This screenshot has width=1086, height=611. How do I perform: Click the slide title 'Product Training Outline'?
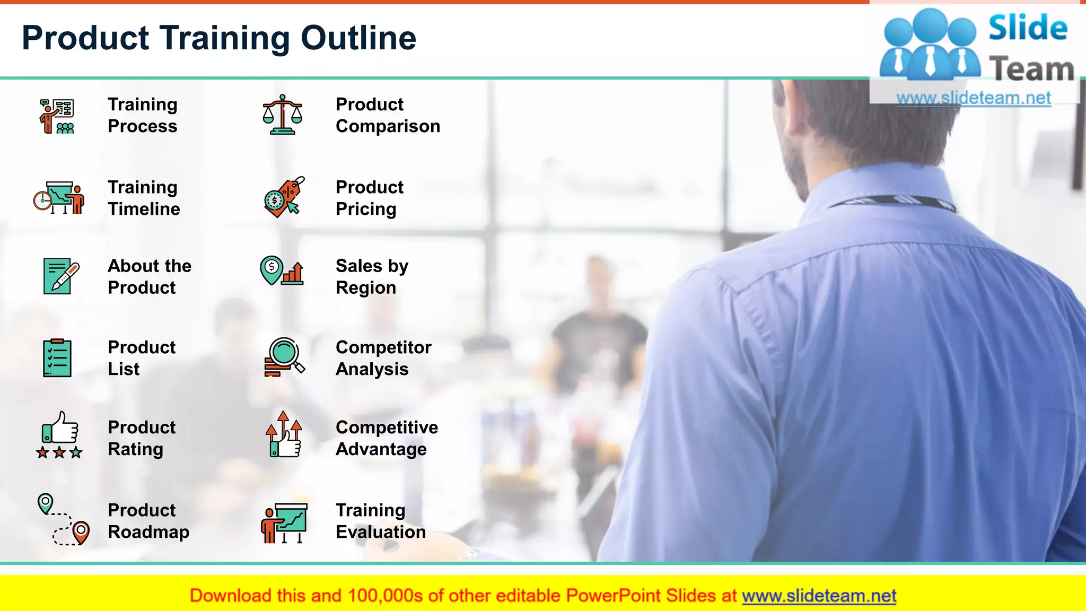tap(219, 38)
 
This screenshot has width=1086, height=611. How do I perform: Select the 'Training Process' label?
tap(142, 115)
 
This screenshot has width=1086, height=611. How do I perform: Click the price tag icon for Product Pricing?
tap(284, 197)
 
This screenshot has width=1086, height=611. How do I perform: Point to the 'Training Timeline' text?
tap(143, 198)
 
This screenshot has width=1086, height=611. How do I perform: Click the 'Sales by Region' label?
tap(372, 276)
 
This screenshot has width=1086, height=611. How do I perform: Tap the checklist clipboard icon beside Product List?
tap(57, 358)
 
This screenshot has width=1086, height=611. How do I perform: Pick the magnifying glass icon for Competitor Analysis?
tap(284, 357)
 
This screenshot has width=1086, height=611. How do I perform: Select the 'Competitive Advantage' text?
tap(387, 438)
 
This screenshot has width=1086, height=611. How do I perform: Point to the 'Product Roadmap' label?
tap(148, 521)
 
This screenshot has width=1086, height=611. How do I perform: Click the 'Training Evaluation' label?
tap(380, 521)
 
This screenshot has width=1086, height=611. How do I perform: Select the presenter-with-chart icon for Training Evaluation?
tap(284, 523)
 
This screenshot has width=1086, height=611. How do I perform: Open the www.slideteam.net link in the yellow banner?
tap(819, 596)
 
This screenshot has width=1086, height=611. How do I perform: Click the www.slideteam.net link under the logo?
tap(974, 98)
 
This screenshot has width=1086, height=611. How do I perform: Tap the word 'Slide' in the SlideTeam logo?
tap(1028, 28)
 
